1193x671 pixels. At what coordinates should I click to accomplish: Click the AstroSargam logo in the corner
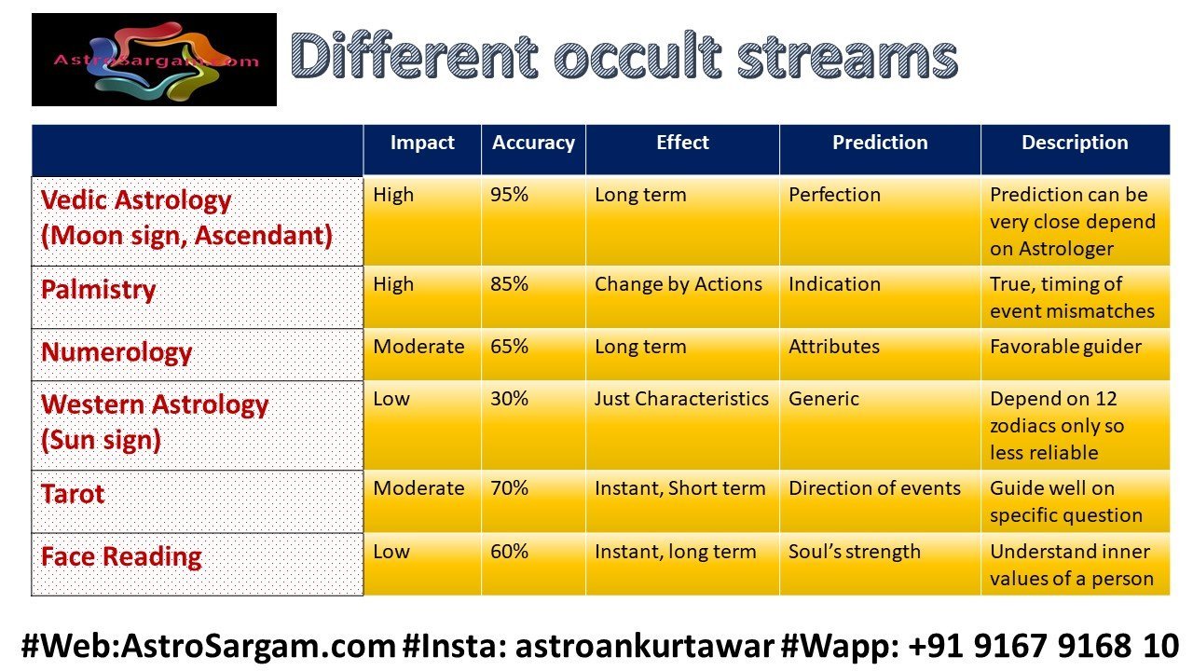154,60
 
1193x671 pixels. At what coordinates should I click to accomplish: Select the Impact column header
422,143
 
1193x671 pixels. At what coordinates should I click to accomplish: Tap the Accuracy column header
533,143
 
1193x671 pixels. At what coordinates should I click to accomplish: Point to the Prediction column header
880,143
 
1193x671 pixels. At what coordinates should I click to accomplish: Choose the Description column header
1075,143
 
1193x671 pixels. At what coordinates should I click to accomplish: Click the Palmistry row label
99,290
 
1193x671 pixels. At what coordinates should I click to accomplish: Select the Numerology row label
117,352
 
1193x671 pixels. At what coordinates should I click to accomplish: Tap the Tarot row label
73,494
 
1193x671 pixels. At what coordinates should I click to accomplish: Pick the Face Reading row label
121,557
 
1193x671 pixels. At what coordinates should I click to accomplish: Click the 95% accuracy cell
509,195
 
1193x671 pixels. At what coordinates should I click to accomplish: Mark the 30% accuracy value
509,399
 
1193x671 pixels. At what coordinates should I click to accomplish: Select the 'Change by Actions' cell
678,285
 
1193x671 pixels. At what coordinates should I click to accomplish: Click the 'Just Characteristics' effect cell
681,399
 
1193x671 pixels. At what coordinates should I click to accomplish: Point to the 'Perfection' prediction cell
834,195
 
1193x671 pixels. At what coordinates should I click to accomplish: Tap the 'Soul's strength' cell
855,553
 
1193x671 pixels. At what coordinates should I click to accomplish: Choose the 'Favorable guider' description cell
1065,348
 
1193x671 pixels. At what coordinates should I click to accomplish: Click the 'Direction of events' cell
874,488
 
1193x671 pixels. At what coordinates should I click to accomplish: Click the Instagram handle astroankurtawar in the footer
644,646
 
